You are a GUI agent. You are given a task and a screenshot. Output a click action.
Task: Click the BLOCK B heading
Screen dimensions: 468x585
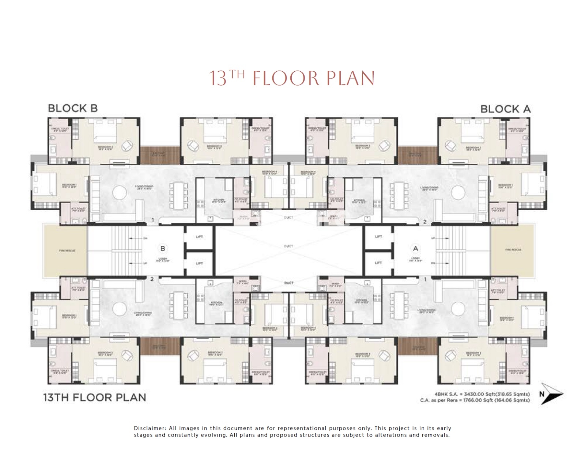click(x=73, y=109)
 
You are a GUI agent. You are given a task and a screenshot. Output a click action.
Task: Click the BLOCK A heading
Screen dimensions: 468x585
click(x=505, y=109)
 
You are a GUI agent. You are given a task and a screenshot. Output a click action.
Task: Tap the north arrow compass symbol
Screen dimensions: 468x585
click(x=552, y=393)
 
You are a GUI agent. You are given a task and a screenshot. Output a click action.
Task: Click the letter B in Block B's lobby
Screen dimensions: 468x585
click(x=163, y=249)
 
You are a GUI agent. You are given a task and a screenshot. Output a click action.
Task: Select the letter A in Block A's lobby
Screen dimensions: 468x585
click(x=415, y=249)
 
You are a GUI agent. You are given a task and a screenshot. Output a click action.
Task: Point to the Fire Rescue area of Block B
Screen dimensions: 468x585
click(x=66, y=250)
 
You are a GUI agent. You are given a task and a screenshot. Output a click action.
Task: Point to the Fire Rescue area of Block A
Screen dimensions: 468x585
click(x=513, y=250)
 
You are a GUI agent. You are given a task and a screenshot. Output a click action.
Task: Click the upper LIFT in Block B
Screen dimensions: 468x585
click(x=199, y=237)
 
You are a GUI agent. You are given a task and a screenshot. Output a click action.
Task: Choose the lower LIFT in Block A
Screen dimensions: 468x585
click(x=378, y=263)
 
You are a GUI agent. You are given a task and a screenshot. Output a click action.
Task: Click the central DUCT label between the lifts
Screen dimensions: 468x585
click(x=288, y=246)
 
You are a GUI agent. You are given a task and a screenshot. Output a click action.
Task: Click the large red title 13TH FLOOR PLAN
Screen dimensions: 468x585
click(x=292, y=78)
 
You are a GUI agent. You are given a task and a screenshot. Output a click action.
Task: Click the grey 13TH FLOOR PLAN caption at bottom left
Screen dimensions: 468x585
click(x=95, y=397)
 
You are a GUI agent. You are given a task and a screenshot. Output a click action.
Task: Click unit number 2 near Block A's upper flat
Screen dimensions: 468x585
click(x=424, y=222)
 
